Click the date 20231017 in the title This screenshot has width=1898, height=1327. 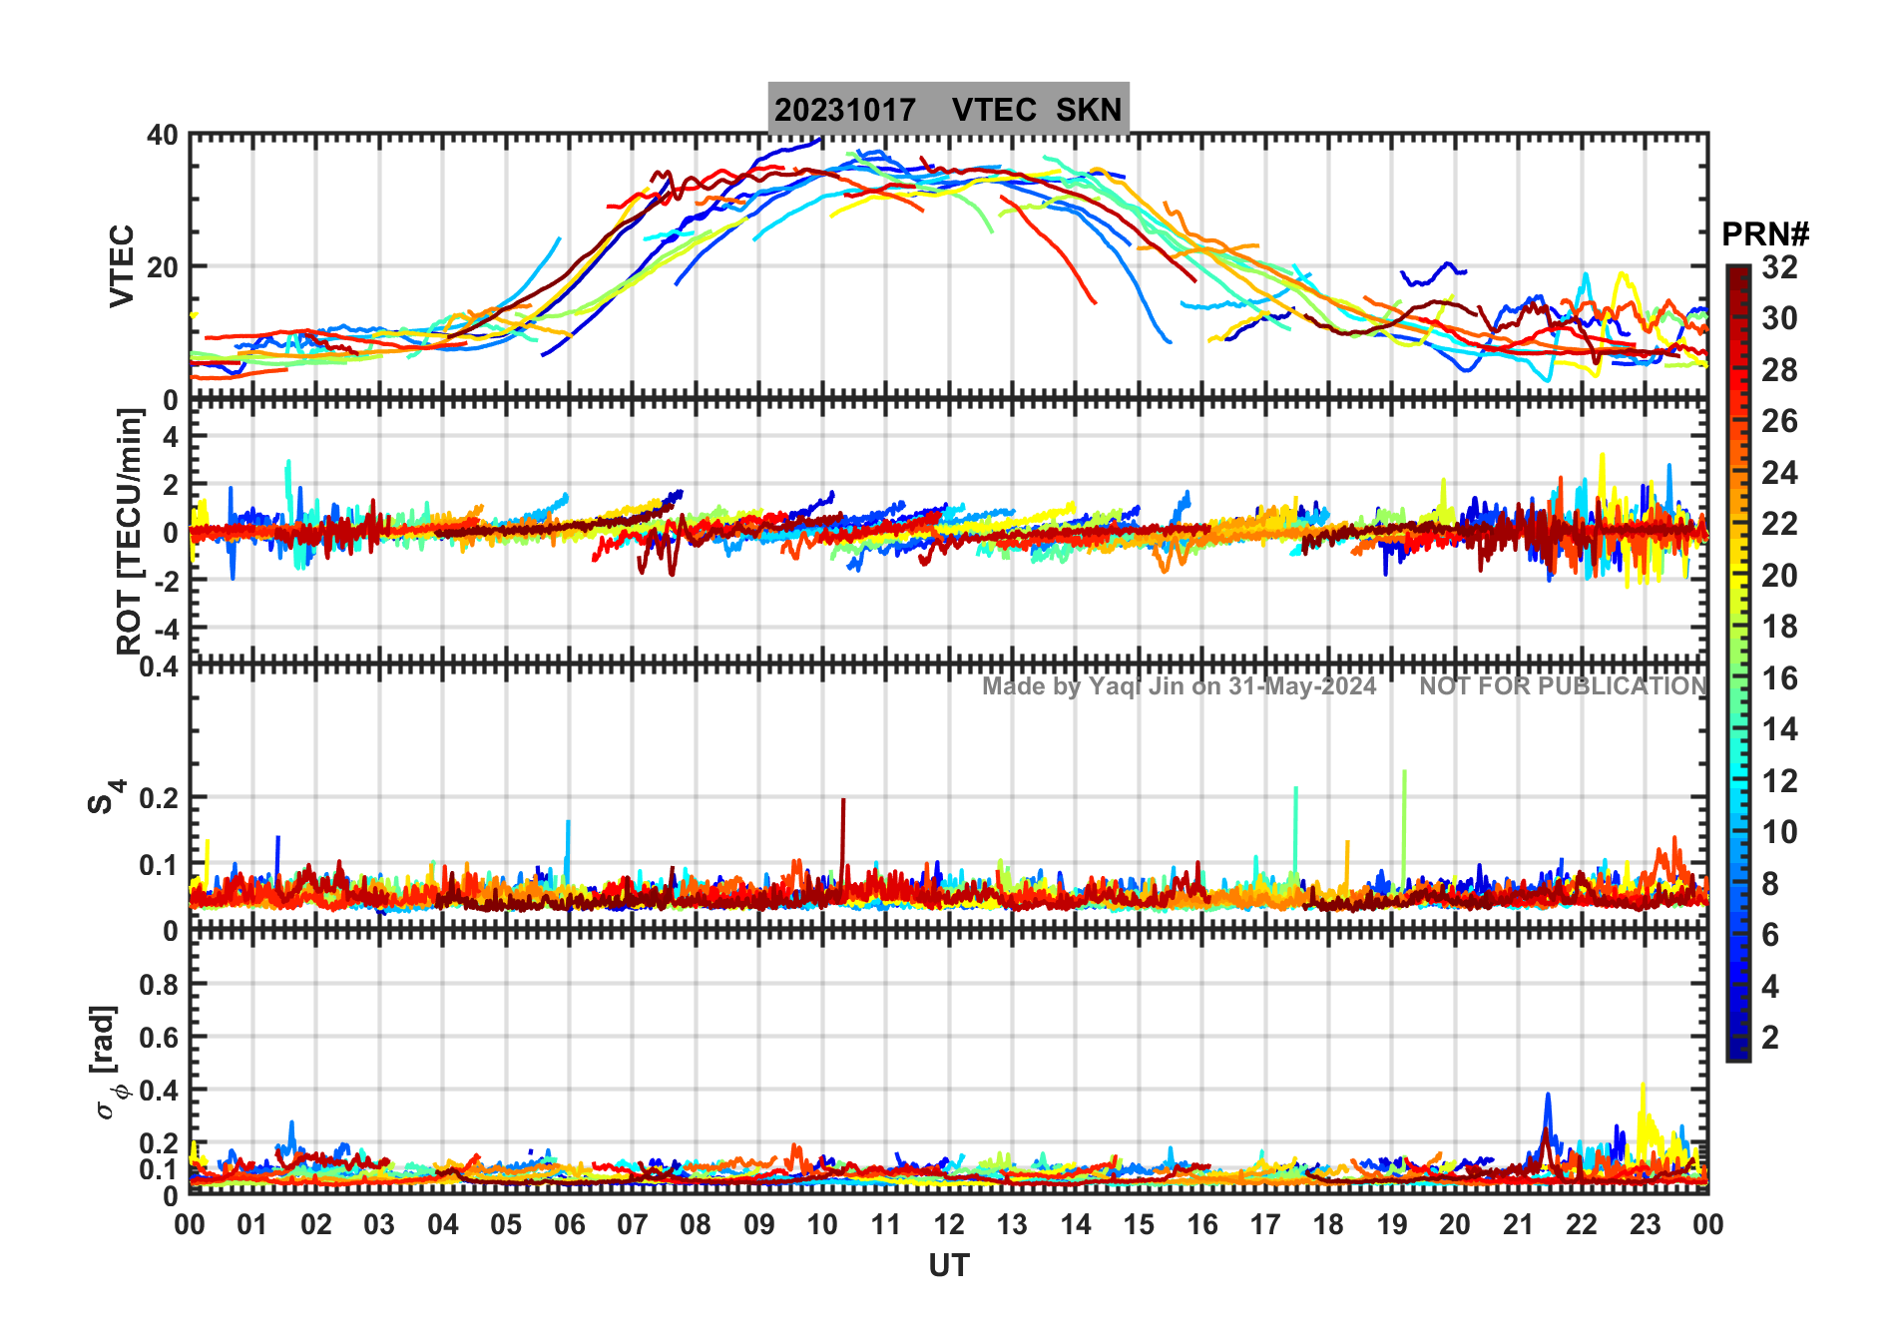pyautogui.click(x=845, y=110)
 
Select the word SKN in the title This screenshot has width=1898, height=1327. pyautogui.click(x=1089, y=110)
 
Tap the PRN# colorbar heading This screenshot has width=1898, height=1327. pyautogui.click(x=1765, y=234)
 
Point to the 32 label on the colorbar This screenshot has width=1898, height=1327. pyautogui.click(x=1779, y=267)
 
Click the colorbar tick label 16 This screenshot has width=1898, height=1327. pyautogui.click(x=1779, y=678)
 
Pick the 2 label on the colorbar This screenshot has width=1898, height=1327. pyautogui.click(x=1770, y=1038)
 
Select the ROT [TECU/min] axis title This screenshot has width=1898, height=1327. pyautogui.click(x=129, y=531)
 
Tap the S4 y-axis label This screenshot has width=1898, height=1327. pyautogui.click(x=104, y=797)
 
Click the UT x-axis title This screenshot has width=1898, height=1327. pyautogui.click(x=948, y=1266)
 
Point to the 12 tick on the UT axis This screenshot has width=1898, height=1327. pyautogui.click(x=948, y=1224)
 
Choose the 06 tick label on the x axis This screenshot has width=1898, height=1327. pyautogui.click(x=569, y=1224)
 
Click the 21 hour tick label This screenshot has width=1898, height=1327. pyautogui.click(x=1518, y=1224)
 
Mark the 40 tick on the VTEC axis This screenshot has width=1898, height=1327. pyautogui.click(x=163, y=136)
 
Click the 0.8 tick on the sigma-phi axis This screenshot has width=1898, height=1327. pyautogui.click(x=159, y=985)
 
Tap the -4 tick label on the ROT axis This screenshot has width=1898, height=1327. pyautogui.click(x=166, y=629)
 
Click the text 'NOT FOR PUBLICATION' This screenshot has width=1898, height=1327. pyautogui.click(x=1563, y=686)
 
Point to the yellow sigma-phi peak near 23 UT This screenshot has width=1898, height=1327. pyautogui.click(x=1643, y=1087)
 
